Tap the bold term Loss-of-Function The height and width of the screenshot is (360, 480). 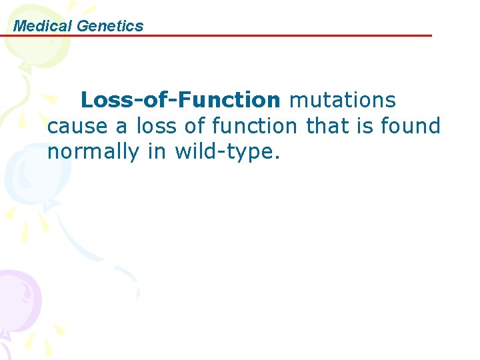[181, 100]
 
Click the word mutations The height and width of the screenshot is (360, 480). [342, 100]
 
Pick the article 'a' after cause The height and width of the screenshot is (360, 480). [111, 126]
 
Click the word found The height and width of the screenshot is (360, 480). [411, 126]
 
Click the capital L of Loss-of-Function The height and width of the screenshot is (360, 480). [87, 100]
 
